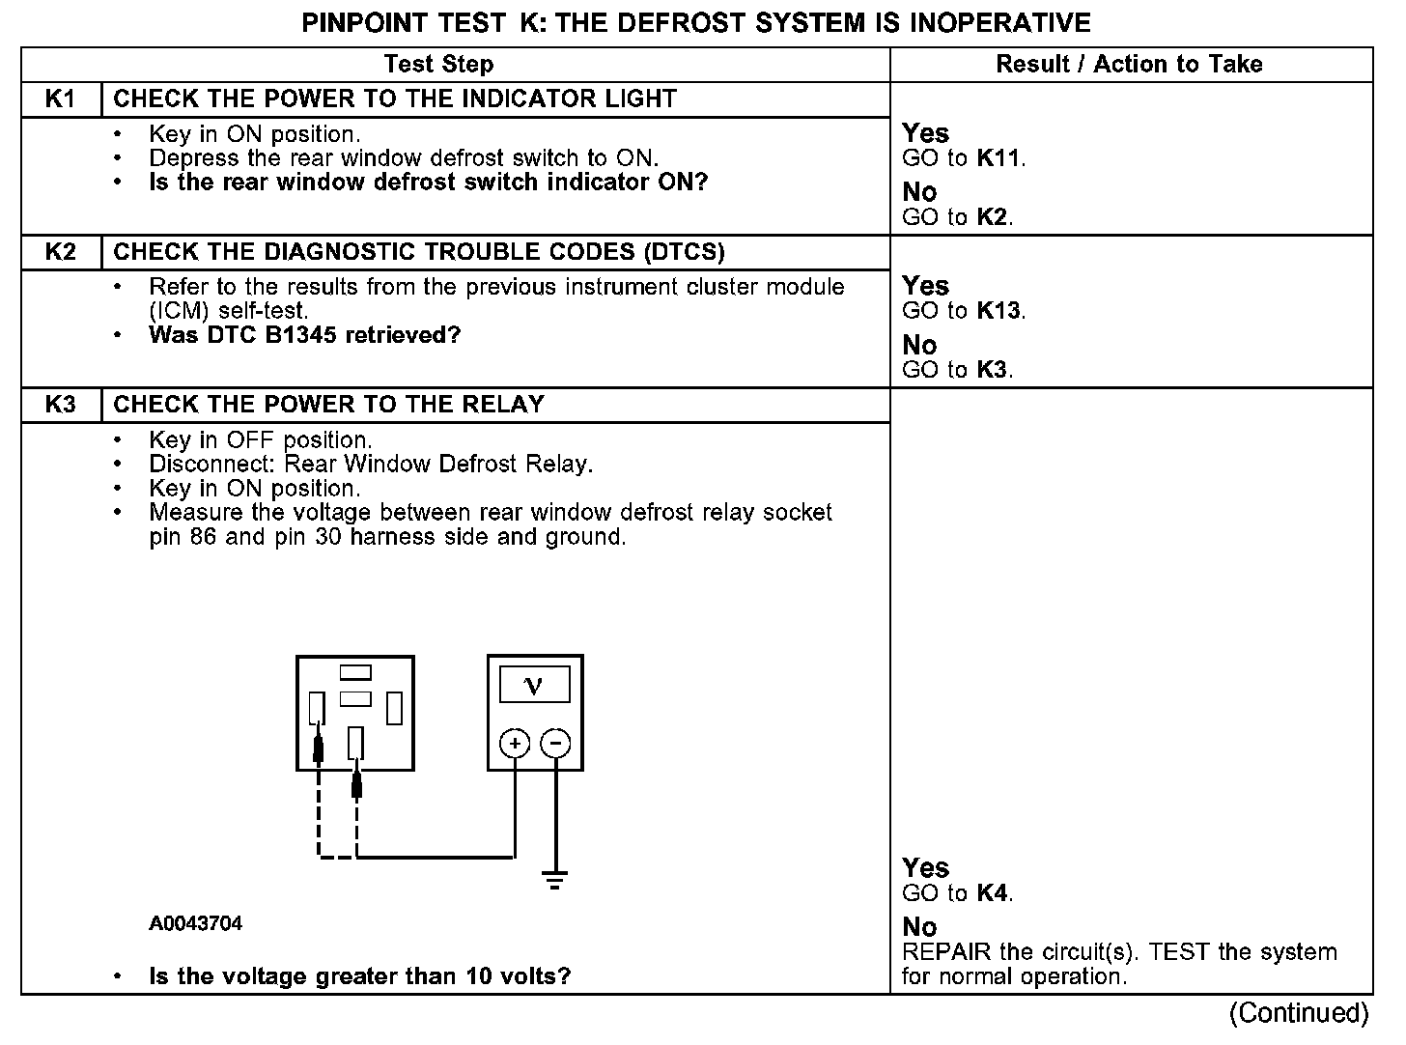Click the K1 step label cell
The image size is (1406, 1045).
(60, 99)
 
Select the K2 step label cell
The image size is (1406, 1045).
(60, 252)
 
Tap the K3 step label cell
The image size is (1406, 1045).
(60, 405)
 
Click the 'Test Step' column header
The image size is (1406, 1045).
(438, 65)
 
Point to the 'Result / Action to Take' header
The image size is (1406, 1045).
(1129, 65)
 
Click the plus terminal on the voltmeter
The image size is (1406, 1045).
(515, 743)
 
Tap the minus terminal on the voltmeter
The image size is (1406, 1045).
(555, 743)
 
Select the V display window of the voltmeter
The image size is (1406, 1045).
(534, 685)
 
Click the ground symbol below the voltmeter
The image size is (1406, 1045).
(554, 880)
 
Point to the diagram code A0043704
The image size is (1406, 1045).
(195, 923)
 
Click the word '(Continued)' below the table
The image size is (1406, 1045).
(1299, 1012)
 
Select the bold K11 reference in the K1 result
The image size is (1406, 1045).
(998, 158)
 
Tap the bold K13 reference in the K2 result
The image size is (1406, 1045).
(998, 311)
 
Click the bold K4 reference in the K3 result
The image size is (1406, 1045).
(993, 893)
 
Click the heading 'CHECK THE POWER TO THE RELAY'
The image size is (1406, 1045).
(329, 405)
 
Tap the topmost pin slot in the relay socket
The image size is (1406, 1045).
(355, 671)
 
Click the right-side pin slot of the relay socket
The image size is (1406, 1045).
(394, 709)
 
